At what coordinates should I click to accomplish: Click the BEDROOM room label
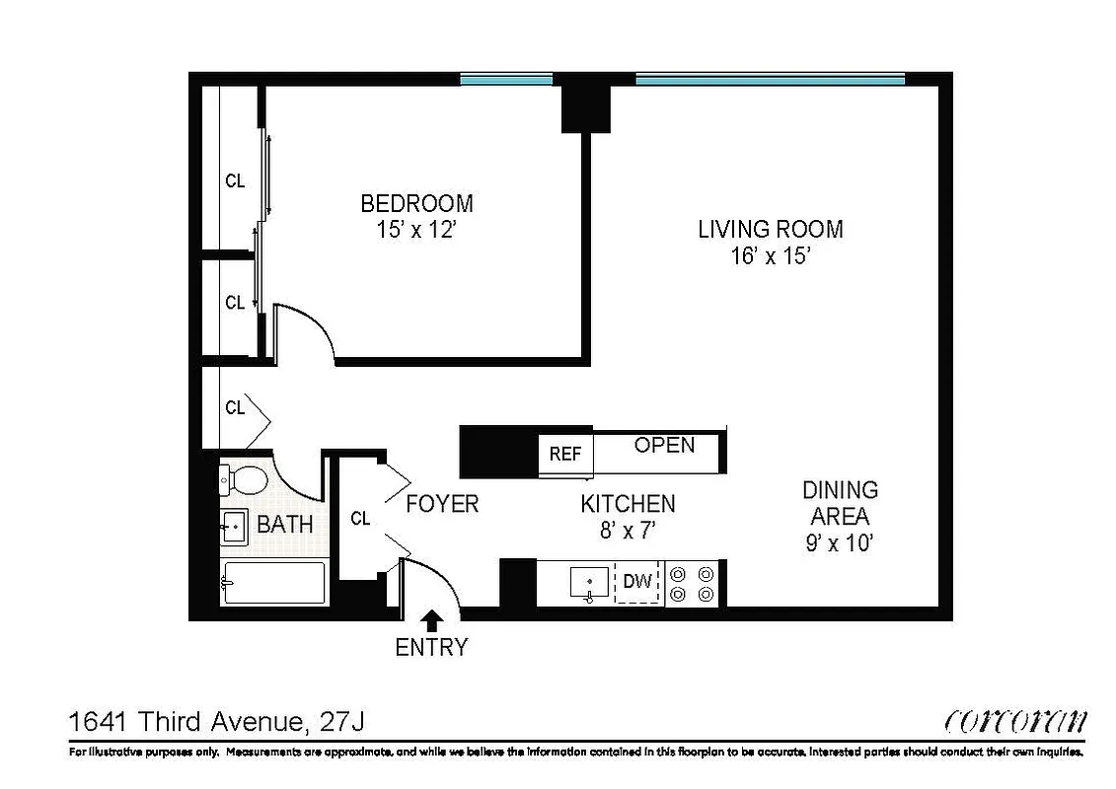416,204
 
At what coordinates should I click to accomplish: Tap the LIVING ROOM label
771,230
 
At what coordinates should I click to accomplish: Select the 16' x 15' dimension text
771,256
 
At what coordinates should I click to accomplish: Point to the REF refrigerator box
565,455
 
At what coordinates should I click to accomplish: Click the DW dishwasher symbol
637,582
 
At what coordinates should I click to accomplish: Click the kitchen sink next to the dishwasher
590,583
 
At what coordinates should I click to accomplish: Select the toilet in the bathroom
243,480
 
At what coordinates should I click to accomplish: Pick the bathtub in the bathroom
273,583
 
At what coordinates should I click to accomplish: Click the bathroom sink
233,527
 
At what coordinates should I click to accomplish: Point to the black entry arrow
432,620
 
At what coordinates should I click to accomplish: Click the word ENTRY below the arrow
431,648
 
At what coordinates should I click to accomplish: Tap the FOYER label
442,504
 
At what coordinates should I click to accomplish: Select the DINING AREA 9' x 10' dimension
840,541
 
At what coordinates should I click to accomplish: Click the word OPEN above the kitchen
664,445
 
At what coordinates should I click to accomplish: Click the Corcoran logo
1015,721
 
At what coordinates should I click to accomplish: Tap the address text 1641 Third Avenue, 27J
216,722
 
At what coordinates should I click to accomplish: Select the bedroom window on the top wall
506,79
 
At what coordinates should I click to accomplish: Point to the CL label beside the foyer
360,519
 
